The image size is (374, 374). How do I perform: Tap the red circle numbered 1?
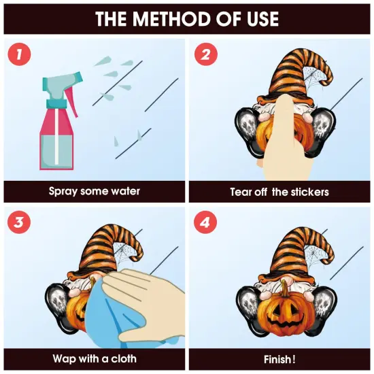coord(19,54)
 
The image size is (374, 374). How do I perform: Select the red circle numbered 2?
coord(205,54)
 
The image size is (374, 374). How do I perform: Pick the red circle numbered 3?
coord(19,222)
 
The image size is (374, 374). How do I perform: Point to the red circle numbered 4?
coord(205,222)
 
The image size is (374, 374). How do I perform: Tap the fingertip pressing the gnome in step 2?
coord(285,99)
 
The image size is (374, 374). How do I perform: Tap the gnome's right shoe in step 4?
coord(325,307)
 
